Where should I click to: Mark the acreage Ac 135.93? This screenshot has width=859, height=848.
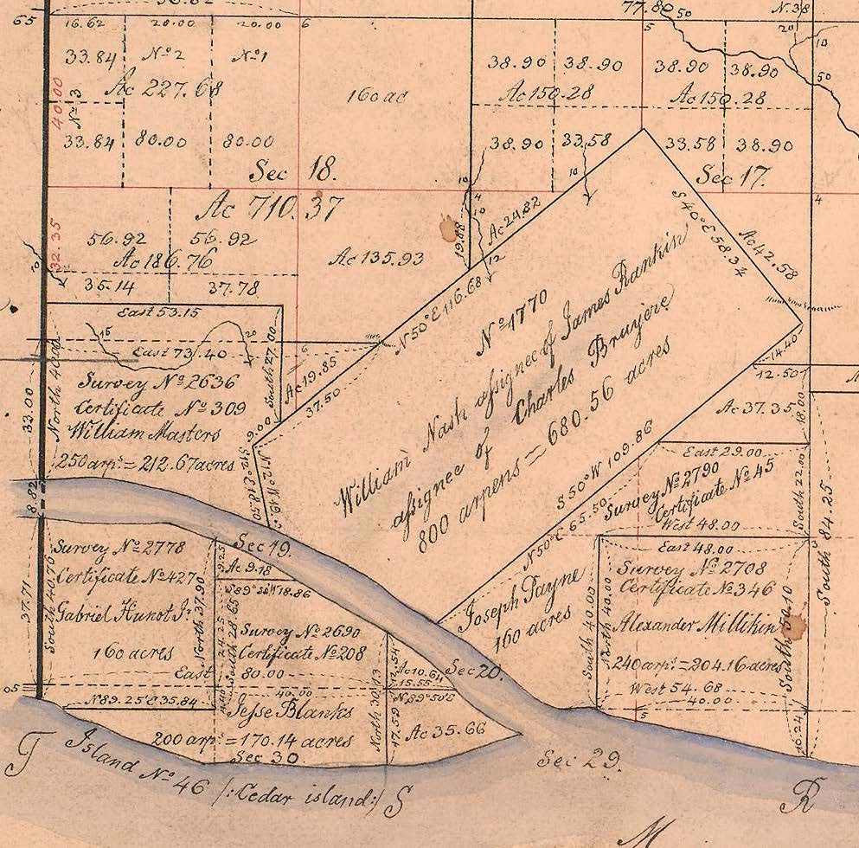(373, 257)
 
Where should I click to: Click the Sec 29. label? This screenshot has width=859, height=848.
(579, 761)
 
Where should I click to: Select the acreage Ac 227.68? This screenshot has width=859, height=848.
(168, 89)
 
